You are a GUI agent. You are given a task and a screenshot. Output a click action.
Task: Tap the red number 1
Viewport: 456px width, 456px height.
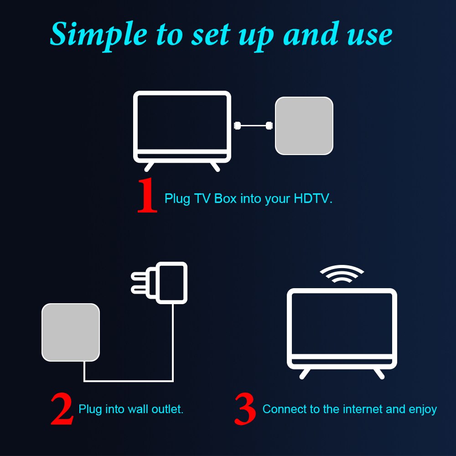[148, 196]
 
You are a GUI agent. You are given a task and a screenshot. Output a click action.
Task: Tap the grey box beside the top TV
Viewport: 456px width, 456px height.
[304, 125]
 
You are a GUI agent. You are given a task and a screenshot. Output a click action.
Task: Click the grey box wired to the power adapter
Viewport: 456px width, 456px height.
[71, 332]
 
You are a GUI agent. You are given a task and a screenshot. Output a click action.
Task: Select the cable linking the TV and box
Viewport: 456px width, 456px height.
[253, 125]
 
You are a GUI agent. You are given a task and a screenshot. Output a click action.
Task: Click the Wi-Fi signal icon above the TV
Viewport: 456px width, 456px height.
[342, 275]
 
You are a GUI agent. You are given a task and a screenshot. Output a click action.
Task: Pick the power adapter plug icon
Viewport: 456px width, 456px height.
[171, 283]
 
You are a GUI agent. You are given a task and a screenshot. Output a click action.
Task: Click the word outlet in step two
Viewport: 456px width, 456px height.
[169, 409]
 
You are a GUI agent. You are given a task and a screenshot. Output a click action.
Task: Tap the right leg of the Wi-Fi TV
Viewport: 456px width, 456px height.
[379, 373]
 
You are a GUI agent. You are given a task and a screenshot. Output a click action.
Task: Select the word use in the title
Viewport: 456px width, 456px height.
[370, 35]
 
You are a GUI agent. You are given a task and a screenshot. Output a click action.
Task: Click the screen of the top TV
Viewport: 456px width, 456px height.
[182, 121]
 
